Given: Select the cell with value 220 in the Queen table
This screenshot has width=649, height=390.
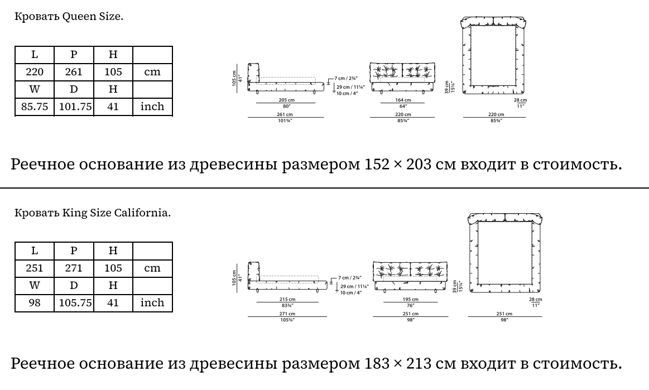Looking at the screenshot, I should click(x=35, y=72).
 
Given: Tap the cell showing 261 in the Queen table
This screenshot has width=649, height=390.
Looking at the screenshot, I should click(x=74, y=72).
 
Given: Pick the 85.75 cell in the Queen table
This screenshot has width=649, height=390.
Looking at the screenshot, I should click(x=35, y=107).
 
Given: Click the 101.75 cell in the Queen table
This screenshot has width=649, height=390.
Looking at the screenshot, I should click(x=74, y=107).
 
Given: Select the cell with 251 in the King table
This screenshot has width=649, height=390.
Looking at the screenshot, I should click(x=35, y=268).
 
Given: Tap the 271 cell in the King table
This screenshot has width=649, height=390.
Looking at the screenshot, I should click(x=74, y=268).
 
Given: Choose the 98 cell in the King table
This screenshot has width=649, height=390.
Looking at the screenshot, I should click(x=35, y=303).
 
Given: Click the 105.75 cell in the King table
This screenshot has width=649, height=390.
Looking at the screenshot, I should click(x=74, y=303).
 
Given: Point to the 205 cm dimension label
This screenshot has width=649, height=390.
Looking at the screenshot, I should click(x=286, y=100).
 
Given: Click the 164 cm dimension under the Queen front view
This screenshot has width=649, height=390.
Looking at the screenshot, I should click(x=403, y=100).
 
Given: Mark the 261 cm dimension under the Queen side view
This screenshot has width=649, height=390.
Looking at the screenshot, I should click(x=285, y=114).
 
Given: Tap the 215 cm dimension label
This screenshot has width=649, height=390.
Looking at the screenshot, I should click(x=287, y=300).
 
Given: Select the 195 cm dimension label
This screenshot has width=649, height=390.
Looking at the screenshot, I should click(x=410, y=300).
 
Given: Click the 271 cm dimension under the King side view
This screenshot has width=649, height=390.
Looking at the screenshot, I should click(x=287, y=314).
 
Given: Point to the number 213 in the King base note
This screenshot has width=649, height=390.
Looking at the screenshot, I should click(x=419, y=364).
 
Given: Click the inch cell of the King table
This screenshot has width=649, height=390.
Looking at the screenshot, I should click(x=152, y=303).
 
